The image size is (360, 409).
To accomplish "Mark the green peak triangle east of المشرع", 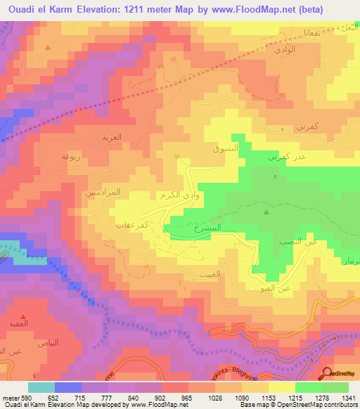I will click(266, 212).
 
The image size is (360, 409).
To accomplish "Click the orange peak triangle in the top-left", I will click(47, 48).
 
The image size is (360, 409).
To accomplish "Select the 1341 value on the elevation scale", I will click(348, 397).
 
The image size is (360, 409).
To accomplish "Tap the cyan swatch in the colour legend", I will click(41, 387).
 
